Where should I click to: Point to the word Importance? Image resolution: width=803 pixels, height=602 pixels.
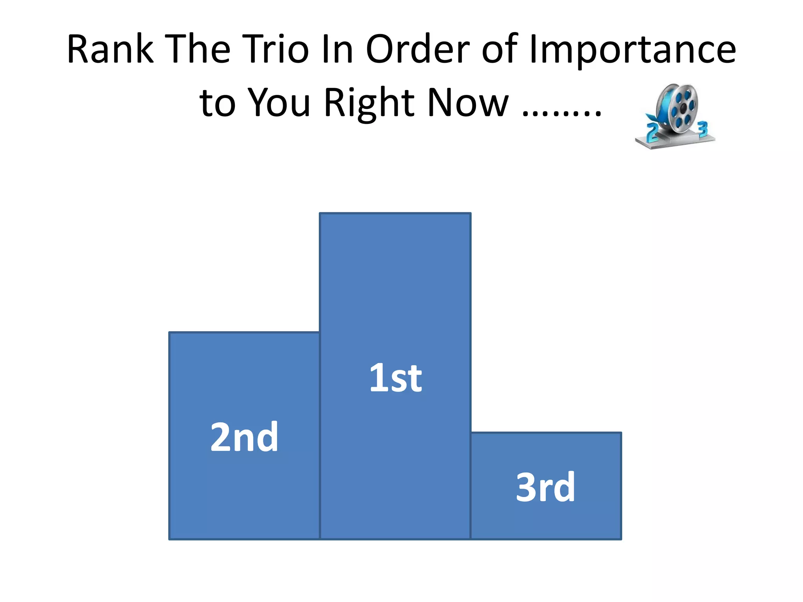(632, 50)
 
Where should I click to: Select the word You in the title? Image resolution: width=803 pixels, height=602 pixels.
(279, 103)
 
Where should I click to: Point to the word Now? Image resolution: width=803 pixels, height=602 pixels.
(469, 103)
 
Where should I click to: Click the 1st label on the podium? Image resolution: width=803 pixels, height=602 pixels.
(395, 378)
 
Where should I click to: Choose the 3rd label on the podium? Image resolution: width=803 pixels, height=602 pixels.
(545, 487)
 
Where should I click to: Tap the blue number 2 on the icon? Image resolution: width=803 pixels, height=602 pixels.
(651, 132)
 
